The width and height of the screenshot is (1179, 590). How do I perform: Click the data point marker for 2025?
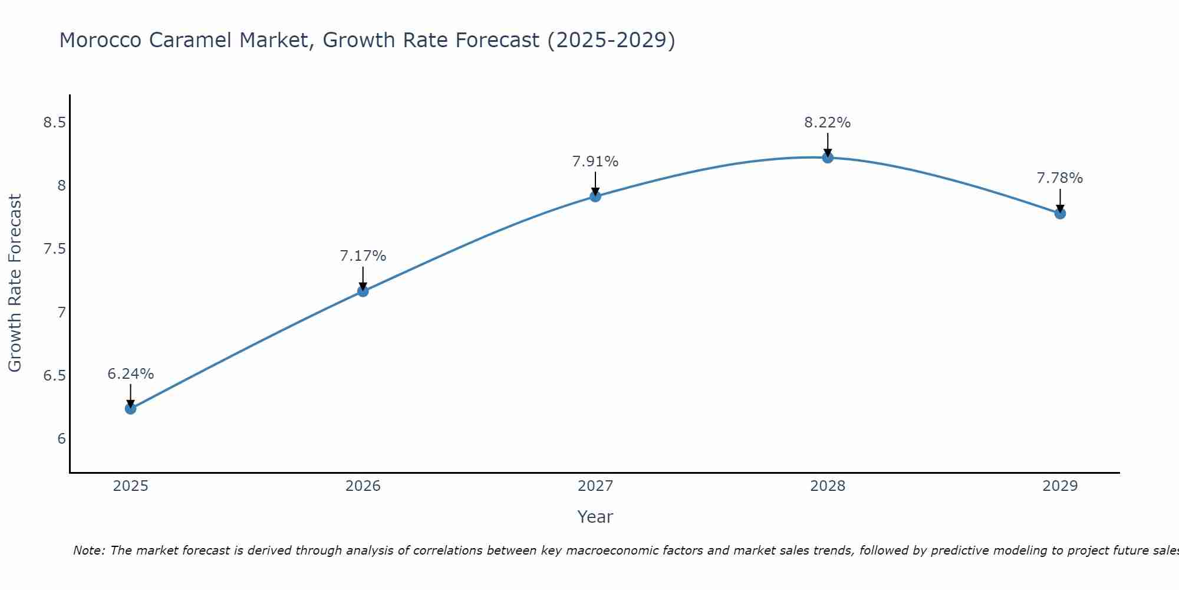131,408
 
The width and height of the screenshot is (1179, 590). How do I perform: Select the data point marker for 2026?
363,291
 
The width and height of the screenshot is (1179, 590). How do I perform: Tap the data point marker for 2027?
595,196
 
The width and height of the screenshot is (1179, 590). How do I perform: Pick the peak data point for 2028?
828,157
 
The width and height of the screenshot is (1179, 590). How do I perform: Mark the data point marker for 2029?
1060,213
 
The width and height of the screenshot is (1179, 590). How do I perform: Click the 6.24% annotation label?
131,374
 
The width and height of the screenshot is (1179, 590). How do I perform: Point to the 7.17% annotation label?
363,256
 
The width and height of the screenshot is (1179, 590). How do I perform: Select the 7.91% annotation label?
595,162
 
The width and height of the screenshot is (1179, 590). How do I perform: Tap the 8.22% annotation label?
828,123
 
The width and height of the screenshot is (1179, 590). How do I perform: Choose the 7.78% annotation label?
1060,178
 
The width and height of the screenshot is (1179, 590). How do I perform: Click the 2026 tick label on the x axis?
363,486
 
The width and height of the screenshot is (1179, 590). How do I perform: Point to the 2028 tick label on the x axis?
828,486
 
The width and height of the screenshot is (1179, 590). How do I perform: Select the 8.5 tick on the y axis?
54,123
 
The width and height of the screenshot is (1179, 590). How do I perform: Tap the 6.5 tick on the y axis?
54,376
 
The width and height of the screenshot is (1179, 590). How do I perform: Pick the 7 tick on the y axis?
61,313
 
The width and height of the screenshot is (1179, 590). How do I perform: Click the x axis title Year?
595,517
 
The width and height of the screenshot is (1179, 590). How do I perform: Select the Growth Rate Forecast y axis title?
15,283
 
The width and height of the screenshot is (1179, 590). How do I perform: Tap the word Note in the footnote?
88,550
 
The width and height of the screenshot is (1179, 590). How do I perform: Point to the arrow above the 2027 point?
595,183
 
